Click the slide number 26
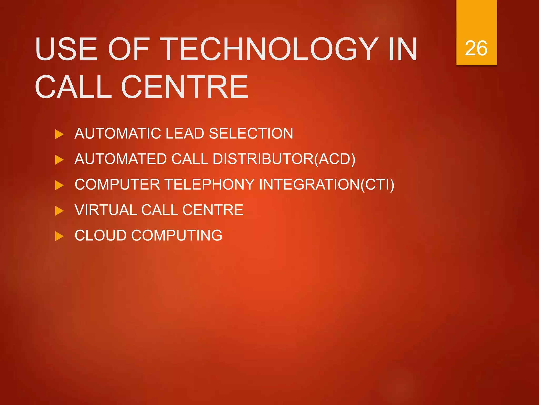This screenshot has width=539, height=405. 476,49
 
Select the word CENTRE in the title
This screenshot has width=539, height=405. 184,87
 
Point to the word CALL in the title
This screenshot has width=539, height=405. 74,87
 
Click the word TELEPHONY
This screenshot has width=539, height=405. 209,184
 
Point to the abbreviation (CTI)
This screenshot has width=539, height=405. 377,184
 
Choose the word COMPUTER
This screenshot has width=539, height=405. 117,184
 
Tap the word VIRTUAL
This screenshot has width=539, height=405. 106,210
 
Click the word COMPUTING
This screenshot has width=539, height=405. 177,235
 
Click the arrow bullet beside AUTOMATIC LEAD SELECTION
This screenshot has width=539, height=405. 59,134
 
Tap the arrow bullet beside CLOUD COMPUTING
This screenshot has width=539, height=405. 59,236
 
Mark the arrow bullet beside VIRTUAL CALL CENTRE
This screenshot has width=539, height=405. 59,211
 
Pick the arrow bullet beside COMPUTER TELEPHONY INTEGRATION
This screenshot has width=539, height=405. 59,185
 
